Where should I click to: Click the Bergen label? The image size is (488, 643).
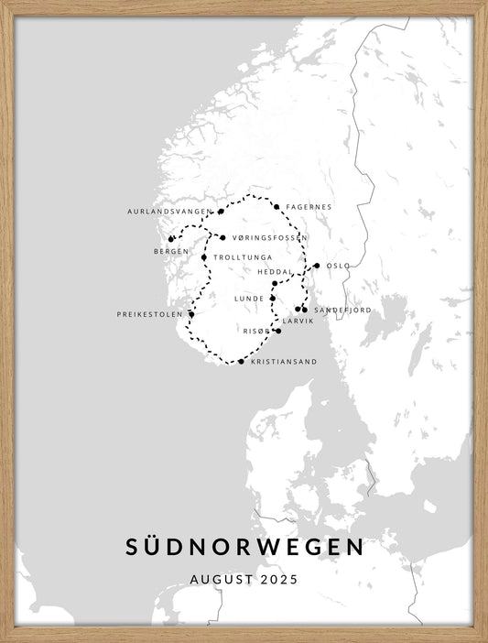(x=171, y=251)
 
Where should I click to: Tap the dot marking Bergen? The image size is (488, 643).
(x=170, y=240)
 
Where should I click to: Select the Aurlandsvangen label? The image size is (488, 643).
(x=169, y=212)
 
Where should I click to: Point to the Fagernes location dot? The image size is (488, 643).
(x=276, y=207)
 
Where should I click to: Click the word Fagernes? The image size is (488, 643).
(x=309, y=207)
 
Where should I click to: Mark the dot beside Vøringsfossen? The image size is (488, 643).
(x=222, y=238)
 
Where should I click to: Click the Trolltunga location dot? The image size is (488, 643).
(x=204, y=257)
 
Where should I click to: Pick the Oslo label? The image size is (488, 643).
(x=338, y=266)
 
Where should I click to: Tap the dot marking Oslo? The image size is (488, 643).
(x=317, y=266)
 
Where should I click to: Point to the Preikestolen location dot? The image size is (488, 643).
(x=191, y=314)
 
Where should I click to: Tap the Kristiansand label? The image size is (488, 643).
(x=284, y=362)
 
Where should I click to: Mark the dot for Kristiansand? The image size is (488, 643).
(x=241, y=362)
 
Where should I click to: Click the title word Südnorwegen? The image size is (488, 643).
(x=244, y=547)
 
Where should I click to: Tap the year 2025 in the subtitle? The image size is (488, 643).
(x=279, y=579)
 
